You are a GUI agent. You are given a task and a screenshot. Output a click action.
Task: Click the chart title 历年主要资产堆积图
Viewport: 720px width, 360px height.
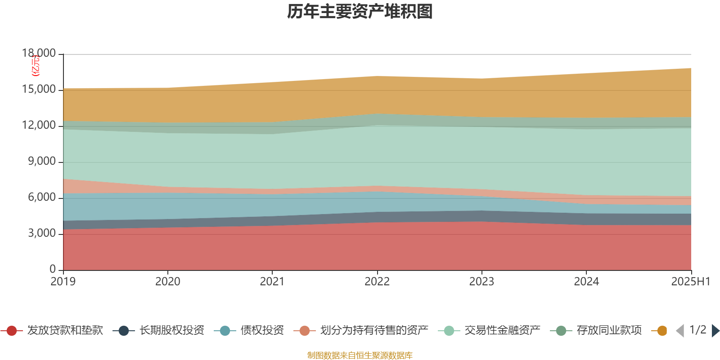(x=360, y=12)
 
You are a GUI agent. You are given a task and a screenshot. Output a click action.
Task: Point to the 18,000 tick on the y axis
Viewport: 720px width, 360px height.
(x=39, y=54)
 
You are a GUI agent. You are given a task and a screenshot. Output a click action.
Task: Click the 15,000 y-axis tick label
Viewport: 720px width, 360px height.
(x=39, y=90)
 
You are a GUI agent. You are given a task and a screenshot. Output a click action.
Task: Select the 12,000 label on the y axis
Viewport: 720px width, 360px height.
(x=39, y=126)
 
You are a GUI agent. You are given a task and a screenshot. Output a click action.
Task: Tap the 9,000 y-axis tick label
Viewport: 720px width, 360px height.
(x=42, y=162)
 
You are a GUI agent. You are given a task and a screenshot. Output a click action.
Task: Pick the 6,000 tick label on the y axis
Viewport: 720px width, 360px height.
(x=42, y=198)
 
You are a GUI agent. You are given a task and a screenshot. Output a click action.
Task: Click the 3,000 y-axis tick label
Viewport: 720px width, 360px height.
(x=42, y=234)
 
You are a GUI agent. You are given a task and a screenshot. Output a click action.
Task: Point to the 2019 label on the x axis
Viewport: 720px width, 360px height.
(x=63, y=282)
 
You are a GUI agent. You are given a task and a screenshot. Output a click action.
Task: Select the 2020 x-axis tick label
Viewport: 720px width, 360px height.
(x=168, y=282)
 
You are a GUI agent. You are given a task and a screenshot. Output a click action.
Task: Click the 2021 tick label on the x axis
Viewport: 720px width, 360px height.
(x=272, y=282)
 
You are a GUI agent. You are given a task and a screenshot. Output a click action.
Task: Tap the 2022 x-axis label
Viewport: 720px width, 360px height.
(x=377, y=282)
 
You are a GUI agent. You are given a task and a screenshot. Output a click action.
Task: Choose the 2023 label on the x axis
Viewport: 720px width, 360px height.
(x=481, y=282)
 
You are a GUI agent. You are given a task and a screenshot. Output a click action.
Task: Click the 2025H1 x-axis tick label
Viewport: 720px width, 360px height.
(x=690, y=282)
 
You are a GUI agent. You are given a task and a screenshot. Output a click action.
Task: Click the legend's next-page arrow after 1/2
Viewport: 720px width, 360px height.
(x=715, y=331)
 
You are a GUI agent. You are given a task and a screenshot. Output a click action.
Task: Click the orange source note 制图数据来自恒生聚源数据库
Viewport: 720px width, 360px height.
(x=360, y=355)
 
